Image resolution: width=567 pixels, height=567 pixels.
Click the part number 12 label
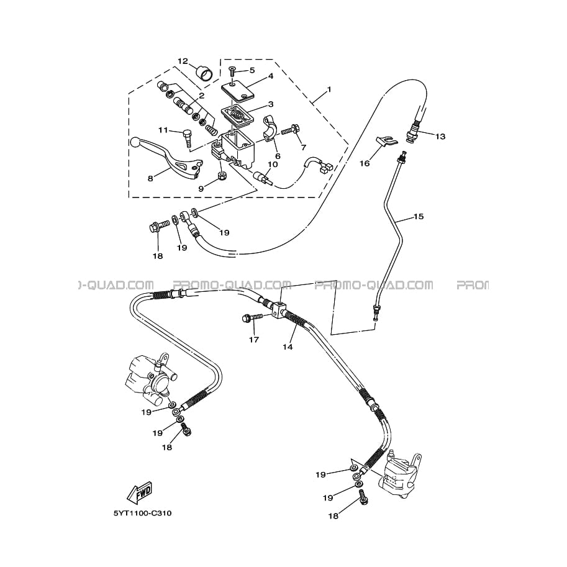pos(183,61)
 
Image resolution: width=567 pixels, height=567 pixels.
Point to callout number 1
pos(329,89)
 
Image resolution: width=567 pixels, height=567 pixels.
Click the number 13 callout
pos(440,136)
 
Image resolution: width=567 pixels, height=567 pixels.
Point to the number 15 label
pos(419,217)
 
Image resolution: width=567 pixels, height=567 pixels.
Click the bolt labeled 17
pos(248,319)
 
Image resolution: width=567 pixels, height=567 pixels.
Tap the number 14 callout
pos(288,347)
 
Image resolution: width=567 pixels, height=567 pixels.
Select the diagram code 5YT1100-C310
pos(142,514)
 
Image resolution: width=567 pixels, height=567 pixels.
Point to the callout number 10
pos(272,165)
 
